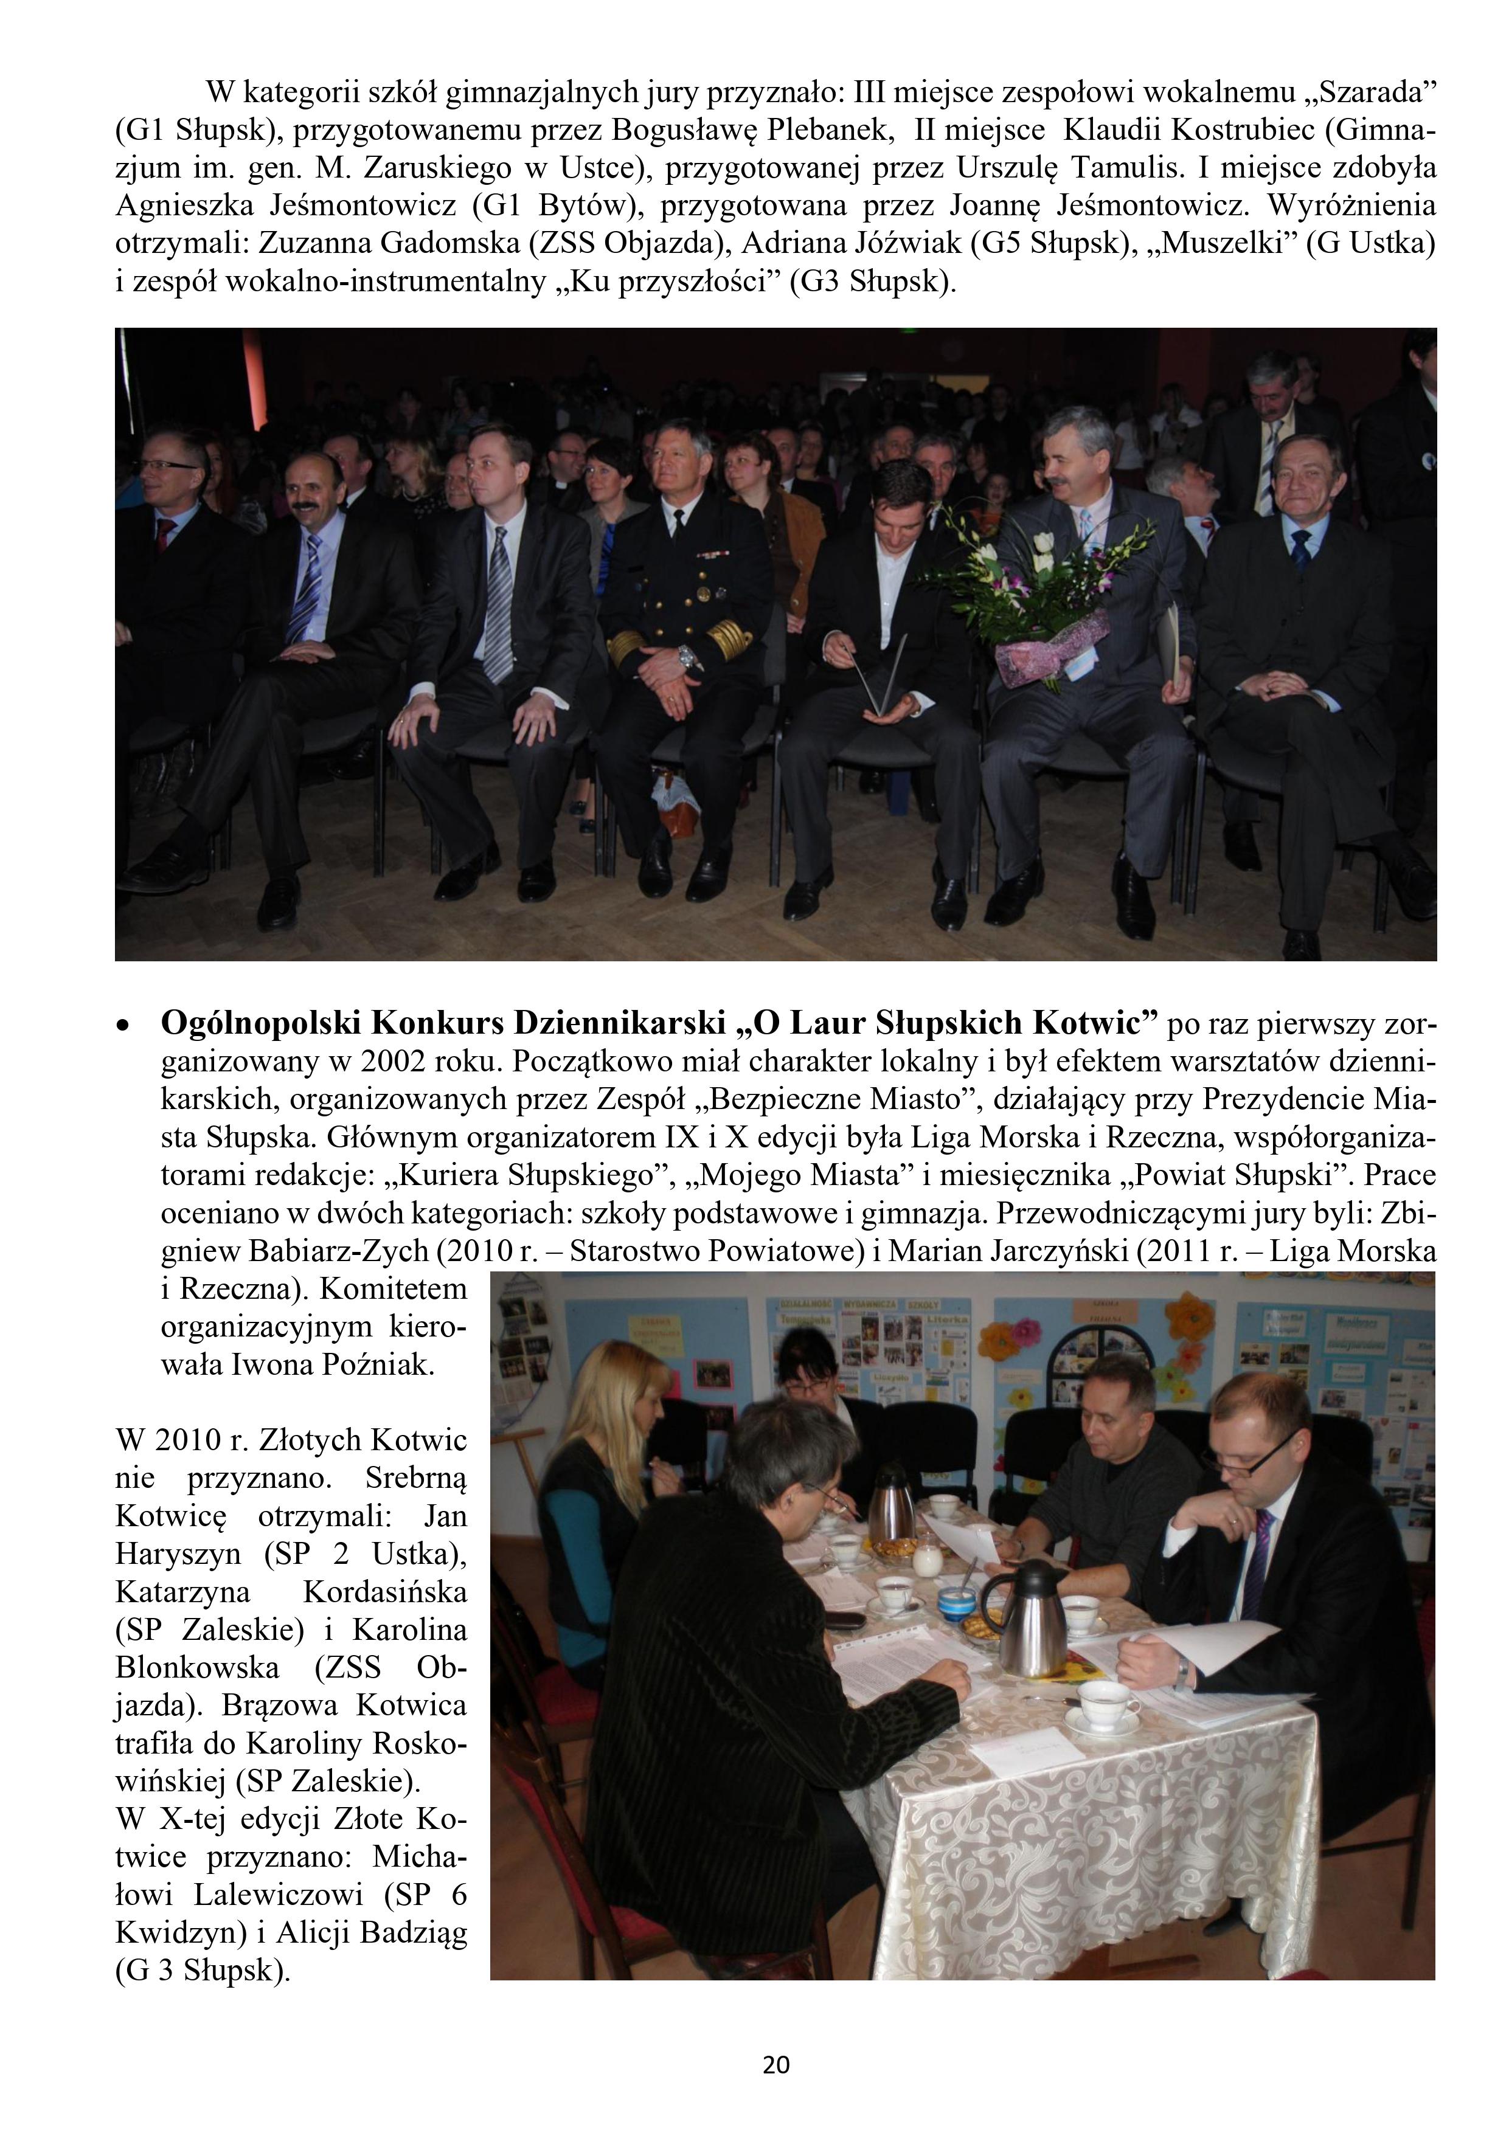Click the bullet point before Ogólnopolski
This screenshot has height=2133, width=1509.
[121, 1026]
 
